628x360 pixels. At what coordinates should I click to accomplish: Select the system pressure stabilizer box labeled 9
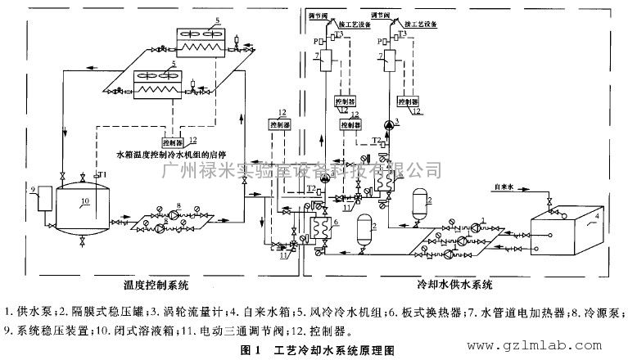tap(42, 200)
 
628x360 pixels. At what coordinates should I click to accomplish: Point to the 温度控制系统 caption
tap(156, 286)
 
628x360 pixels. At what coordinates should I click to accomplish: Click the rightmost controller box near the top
tap(407, 101)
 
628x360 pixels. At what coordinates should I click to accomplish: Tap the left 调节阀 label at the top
tap(314, 15)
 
